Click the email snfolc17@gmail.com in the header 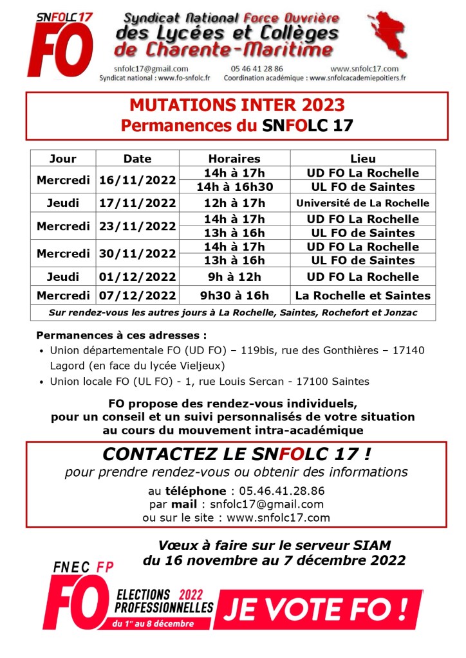click(x=151, y=69)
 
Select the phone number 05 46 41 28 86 click(x=256, y=69)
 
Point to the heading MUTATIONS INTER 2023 click(x=237, y=105)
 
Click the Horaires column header click(x=234, y=159)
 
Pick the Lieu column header click(x=363, y=159)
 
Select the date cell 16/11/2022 click(x=137, y=180)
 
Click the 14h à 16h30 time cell click(x=234, y=187)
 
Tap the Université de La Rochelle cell click(x=363, y=203)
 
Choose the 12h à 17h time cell click(x=234, y=203)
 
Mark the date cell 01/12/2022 click(x=137, y=277)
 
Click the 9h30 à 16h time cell click(x=234, y=296)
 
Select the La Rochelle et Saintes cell click(x=363, y=296)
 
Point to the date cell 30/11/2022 click(x=137, y=254)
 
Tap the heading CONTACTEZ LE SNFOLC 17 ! click(x=237, y=454)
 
